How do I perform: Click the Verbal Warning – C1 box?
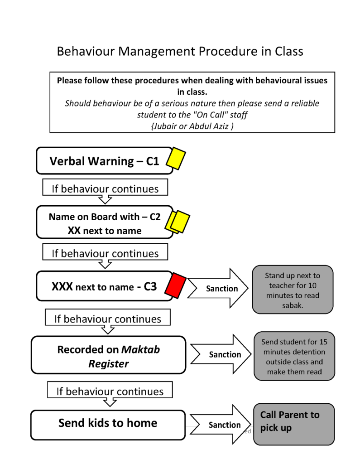pos(104,161)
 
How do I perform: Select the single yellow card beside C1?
pos(176,159)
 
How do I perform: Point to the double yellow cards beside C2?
pos(178,222)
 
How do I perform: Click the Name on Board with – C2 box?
pos(104,223)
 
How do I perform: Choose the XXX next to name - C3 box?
pos(104,286)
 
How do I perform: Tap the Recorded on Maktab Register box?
pos(108,356)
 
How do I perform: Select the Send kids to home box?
pos(108,424)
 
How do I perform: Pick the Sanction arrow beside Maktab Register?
pos(221,355)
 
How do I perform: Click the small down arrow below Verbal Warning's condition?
pos(105,199)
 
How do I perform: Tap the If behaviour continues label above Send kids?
pos(110,391)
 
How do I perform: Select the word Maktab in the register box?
pos(140,350)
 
